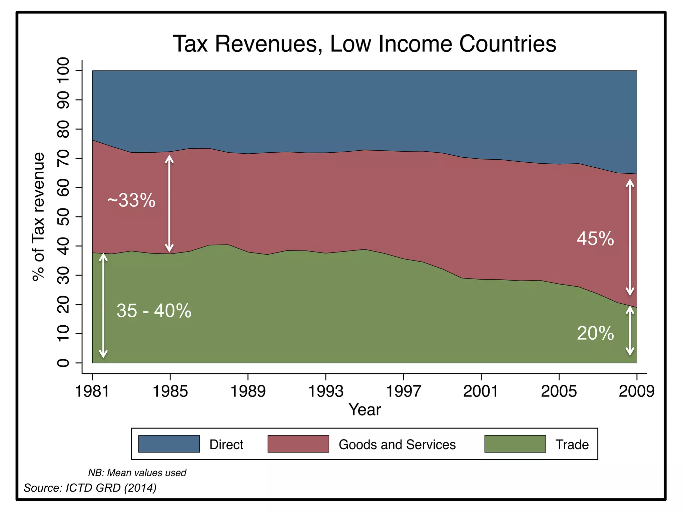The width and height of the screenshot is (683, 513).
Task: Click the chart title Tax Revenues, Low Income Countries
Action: coord(364,44)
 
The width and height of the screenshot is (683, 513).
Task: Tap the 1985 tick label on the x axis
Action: coord(170,391)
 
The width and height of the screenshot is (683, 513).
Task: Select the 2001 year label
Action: coord(481,391)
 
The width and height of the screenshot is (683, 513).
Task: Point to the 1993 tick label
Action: coord(325,391)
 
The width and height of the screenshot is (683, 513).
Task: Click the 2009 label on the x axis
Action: coord(636,391)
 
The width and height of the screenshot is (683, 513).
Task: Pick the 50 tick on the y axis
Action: coord(63,217)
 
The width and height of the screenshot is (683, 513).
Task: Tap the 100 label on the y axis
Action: coord(63,70)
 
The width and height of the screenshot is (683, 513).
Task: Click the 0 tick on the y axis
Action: coord(63,363)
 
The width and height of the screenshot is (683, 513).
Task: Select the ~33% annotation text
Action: coord(131,200)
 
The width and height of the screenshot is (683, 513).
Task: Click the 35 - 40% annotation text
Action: coord(154,311)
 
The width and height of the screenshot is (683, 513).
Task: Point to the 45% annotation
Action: coord(595,239)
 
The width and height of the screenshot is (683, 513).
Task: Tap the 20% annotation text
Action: coord(595,333)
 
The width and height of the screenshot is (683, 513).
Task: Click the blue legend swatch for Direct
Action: coord(169,444)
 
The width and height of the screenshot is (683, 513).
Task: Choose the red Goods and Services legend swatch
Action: coord(298,444)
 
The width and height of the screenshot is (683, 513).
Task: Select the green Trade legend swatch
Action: coord(515,444)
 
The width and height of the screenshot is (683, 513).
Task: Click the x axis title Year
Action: coord(365,410)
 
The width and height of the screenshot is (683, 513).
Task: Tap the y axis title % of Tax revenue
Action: coord(38,217)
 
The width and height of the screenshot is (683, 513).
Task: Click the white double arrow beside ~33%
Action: coord(169,204)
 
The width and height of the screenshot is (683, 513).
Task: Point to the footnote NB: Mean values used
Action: coord(137,473)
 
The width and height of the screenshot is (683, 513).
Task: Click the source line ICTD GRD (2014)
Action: coord(90,488)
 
